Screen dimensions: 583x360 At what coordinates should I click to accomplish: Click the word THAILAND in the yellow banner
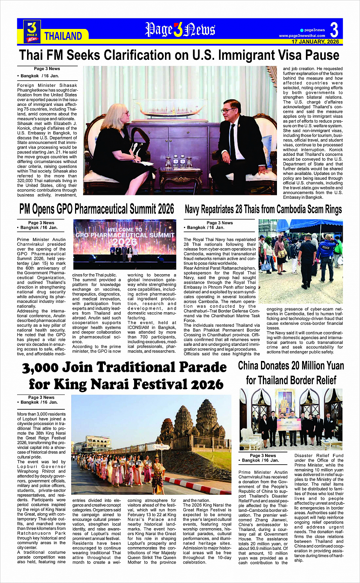(63, 36)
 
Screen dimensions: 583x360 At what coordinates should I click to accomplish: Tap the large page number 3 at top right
(334, 30)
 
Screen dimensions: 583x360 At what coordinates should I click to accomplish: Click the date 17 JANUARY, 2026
(315, 42)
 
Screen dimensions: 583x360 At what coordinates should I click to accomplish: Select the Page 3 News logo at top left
(32, 31)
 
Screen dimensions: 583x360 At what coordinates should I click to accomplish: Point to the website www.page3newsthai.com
(302, 36)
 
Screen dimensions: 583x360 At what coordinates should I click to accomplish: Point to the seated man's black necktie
(232, 141)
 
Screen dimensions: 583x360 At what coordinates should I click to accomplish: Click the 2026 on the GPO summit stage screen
(125, 242)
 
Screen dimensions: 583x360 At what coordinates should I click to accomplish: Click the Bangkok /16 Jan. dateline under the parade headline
(37, 402)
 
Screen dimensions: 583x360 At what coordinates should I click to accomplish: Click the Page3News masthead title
(180, 30)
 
